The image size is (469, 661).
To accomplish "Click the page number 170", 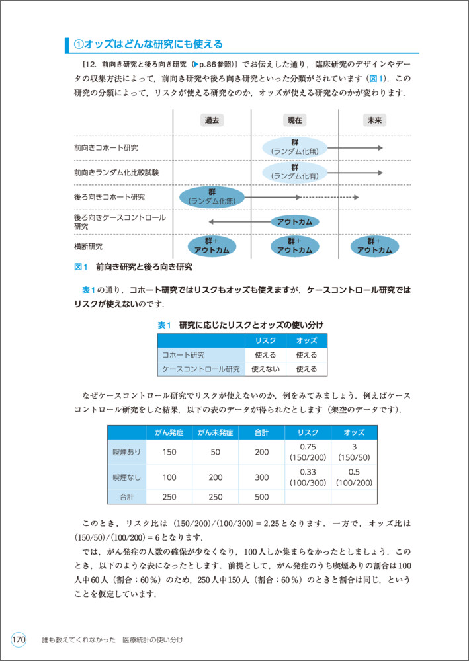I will pyautogui.click(x=18, y=639).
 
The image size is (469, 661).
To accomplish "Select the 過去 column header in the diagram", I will pyautogui.click(x=212, y=120).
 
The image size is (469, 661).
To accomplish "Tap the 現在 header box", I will pyautogui.click(x=294, y=120).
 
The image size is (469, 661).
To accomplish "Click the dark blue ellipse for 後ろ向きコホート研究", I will pyautogui.click(x=212, y=196).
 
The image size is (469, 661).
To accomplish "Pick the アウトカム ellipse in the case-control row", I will pyautogui.click(x=294, y=221).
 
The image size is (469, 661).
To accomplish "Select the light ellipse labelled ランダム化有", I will pyautogui.click(x=294, y=171).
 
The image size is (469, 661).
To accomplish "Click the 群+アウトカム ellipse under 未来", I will pyautogui.click(x=374, y=246).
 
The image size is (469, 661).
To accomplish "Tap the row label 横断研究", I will pyautogui.click(x=89, y=247).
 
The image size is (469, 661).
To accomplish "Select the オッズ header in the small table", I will pyautogui.click(x=306, y=340).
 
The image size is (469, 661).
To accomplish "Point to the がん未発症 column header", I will pyautogui.click(x=215, y=433).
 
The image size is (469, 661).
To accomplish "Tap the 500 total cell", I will pyautogui.click(x=261, y=497).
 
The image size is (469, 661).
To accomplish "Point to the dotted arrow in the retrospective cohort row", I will pyautogui.click(x=329, y=197).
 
